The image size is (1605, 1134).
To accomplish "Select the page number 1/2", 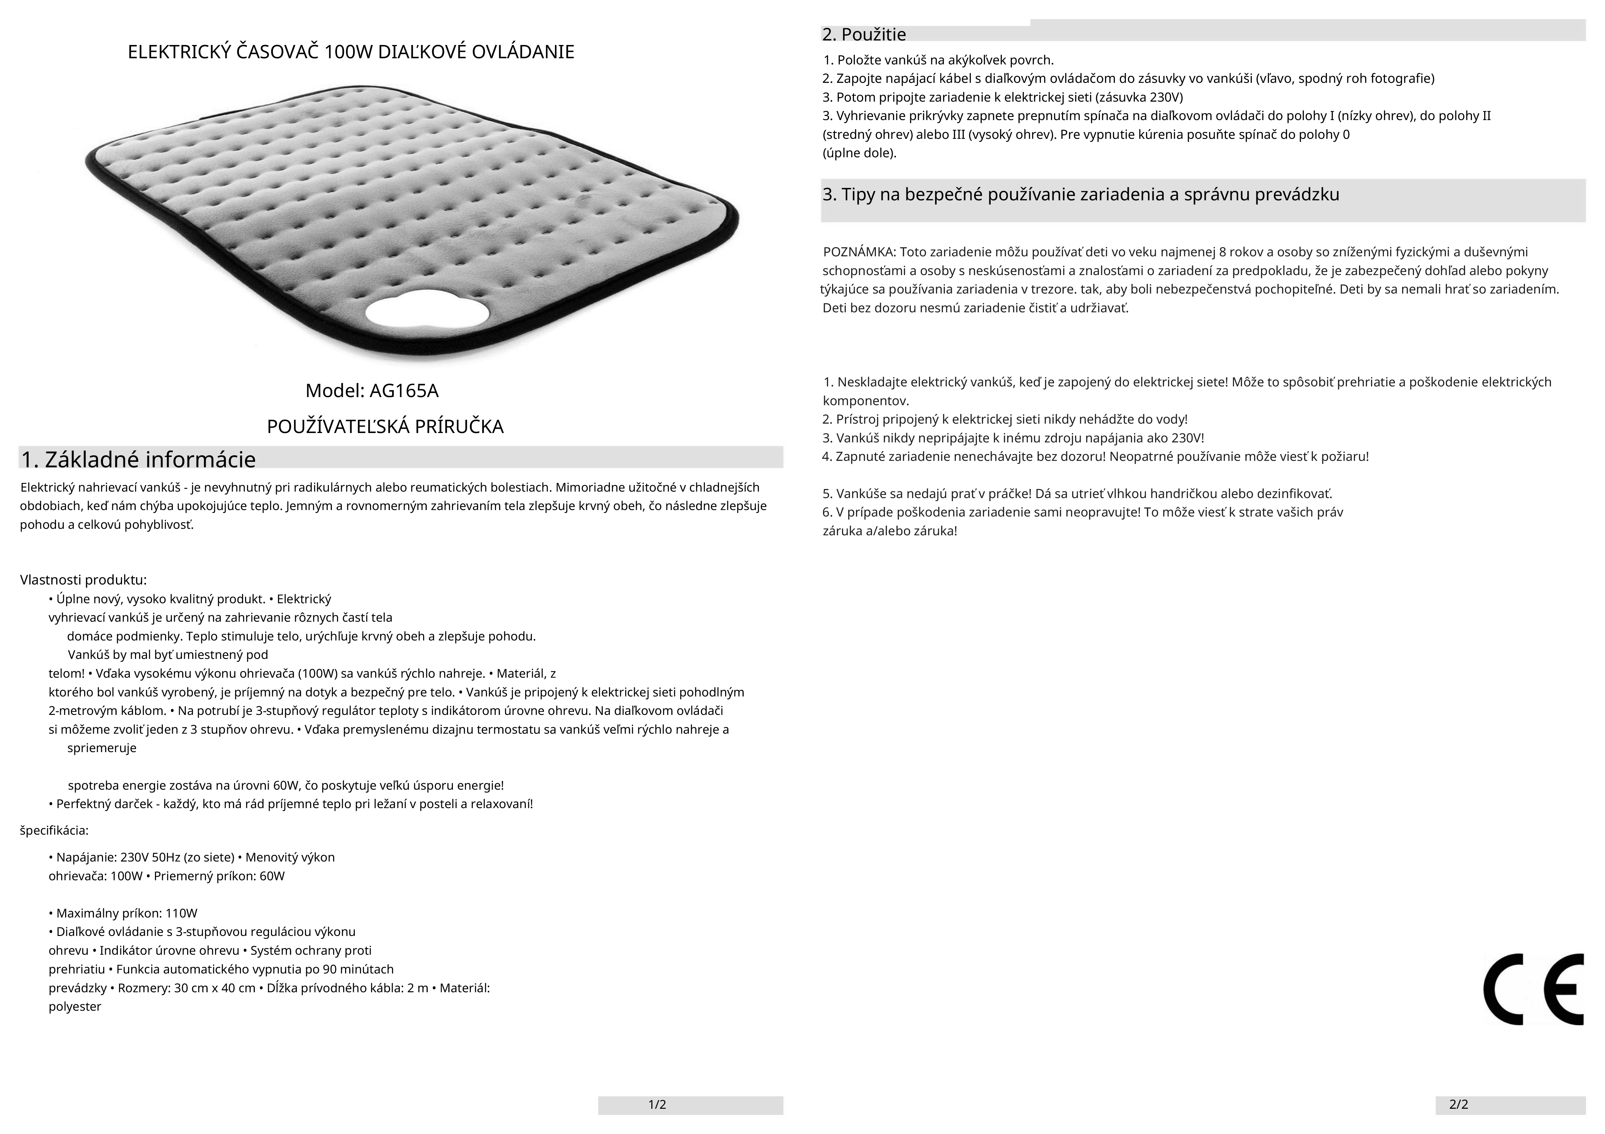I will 657,1105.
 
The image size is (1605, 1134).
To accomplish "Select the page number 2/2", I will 1459,1105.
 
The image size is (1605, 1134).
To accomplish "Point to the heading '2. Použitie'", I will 864,34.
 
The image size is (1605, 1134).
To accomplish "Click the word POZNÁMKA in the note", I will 859,252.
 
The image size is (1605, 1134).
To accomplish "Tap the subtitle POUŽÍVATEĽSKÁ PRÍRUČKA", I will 385,427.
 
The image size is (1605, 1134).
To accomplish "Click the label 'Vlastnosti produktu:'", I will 83,580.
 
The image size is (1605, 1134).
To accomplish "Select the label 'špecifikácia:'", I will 54,831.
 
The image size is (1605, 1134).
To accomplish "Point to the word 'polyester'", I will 75,1007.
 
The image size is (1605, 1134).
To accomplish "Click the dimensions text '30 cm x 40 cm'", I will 217,988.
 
